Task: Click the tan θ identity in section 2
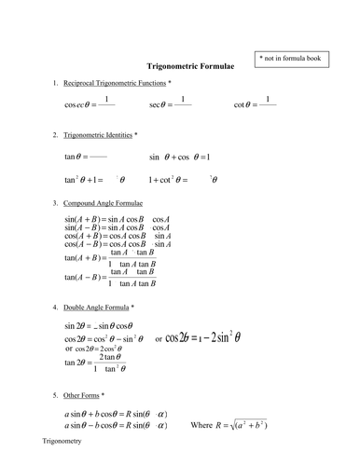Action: (86, 157)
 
